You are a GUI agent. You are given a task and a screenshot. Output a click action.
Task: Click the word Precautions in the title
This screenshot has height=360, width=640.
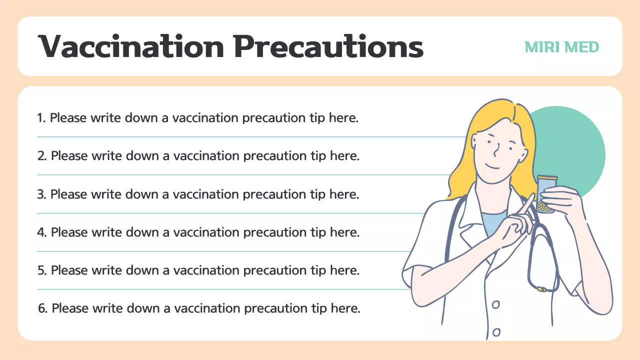328,46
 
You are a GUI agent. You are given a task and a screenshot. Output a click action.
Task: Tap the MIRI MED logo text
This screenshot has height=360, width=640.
561,47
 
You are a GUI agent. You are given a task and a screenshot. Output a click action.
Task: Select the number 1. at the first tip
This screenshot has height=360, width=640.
41,118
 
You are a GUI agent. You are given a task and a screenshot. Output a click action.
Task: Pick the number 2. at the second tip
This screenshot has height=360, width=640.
42,156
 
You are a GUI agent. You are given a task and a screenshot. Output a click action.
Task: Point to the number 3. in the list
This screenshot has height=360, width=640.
42,194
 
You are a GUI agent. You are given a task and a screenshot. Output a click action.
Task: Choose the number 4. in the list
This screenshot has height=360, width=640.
42,232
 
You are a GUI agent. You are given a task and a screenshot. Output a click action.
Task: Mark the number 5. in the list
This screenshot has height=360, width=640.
42,270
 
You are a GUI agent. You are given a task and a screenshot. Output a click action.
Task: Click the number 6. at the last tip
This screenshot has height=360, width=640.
43,308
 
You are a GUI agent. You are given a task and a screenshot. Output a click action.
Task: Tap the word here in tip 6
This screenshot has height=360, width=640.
345,308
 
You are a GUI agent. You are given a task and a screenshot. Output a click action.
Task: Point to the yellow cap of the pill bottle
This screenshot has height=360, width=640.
546,177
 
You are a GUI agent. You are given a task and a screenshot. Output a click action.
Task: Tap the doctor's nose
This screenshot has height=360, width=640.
495,149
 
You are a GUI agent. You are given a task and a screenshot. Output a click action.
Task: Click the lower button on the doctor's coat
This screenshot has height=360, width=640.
496,331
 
